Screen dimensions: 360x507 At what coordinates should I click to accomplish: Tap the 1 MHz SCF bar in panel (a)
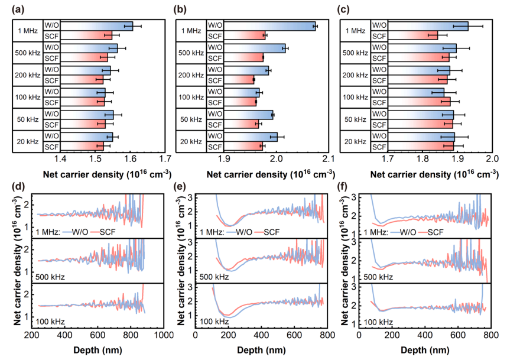point(86,35)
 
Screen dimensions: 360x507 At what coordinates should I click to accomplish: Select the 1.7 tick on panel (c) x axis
point(388,159)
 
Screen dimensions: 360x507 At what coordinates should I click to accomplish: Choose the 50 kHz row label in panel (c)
point(356,119)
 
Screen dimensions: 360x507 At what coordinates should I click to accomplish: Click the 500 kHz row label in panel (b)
point(191,53)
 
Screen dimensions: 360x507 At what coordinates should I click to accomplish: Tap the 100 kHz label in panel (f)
point(379,322)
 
